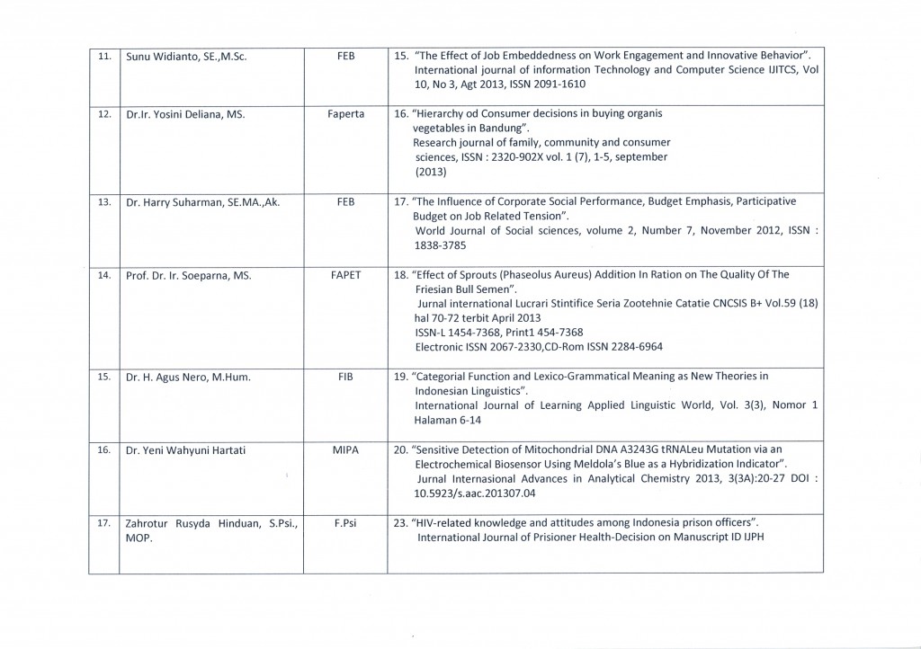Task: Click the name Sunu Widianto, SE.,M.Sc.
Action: (186, 56)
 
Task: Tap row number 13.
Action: (104, 202)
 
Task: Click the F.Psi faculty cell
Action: (345, 522)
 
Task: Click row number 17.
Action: (104, 522)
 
